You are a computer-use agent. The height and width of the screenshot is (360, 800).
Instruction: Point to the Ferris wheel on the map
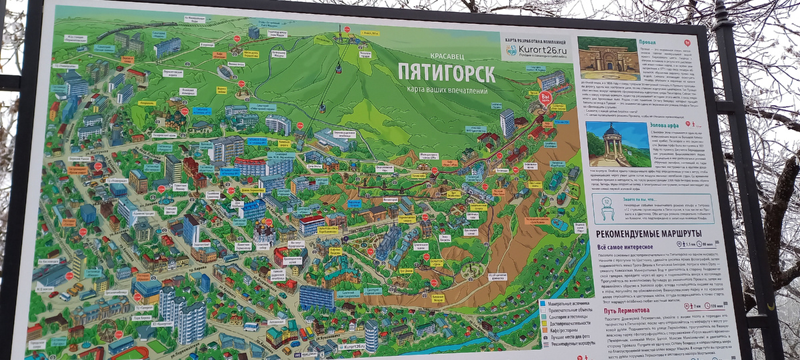107,330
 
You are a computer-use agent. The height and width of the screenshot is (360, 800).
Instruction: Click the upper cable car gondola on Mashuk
339,68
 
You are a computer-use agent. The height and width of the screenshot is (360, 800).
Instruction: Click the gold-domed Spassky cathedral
265,233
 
